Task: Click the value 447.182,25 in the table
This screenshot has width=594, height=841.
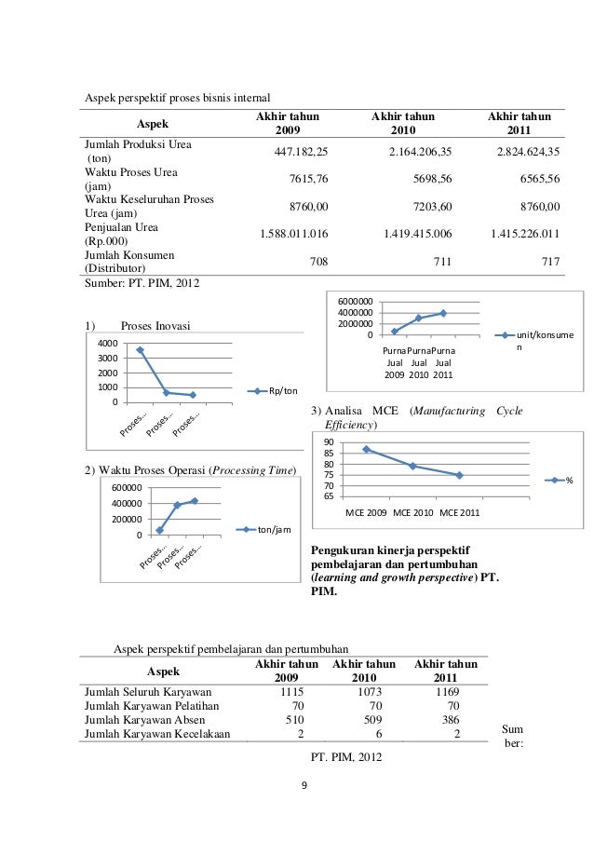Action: coord(296,152)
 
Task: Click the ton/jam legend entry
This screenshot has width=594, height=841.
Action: coord(275,530)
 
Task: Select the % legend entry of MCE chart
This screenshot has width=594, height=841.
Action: coord(569,481)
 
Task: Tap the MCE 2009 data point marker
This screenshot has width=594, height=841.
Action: coord(366,450)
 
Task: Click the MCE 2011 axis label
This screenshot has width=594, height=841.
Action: coord(460,512)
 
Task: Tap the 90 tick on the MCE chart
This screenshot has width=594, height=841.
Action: coord(328,441)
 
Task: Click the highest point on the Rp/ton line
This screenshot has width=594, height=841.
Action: coord(140,350)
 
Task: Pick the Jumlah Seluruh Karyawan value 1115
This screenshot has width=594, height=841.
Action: coord(293,692)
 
